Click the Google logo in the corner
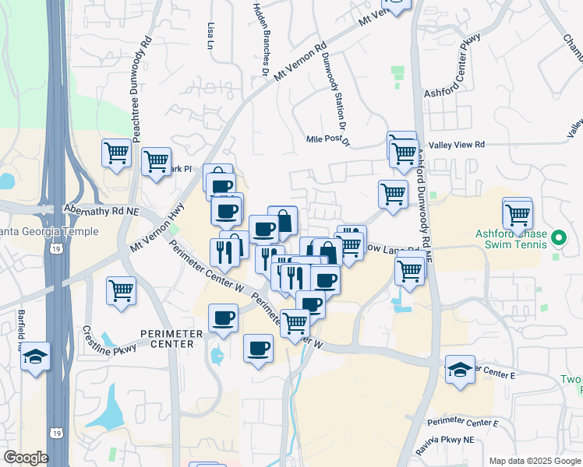[26, 458]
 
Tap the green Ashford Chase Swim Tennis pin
[558, 238]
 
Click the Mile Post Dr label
[330, 140]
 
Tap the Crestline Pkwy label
[109, 339]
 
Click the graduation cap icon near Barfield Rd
[35, 357]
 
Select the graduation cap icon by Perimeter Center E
[460, 370]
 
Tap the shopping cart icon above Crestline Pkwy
[122, 291]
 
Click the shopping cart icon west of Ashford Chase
[518, 212]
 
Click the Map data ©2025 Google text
[534, 461]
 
